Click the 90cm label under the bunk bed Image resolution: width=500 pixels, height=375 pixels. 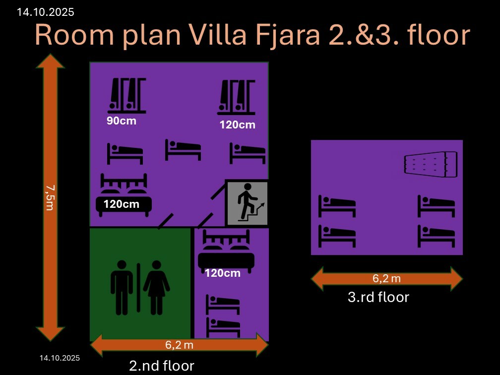122,121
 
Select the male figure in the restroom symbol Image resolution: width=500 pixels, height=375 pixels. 122,288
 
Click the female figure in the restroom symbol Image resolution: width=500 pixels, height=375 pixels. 156,288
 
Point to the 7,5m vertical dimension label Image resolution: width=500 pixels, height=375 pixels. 50,198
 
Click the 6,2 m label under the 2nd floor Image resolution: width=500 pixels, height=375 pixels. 179,345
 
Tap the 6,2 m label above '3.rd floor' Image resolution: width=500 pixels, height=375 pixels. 386,278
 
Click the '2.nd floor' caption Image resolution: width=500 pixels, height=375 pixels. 162,366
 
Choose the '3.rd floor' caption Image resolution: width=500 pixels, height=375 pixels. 378,297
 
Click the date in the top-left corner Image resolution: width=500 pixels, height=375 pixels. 45,12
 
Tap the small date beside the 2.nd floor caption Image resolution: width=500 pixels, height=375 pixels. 60,358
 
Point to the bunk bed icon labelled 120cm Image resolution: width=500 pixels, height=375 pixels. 236,97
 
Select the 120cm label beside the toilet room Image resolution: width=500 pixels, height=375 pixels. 223,273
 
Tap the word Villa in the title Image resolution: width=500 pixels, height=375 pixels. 218,34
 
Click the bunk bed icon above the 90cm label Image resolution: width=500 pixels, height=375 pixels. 126,96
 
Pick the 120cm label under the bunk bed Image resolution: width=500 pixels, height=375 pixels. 238,125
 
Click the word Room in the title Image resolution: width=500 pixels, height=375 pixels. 74,35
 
